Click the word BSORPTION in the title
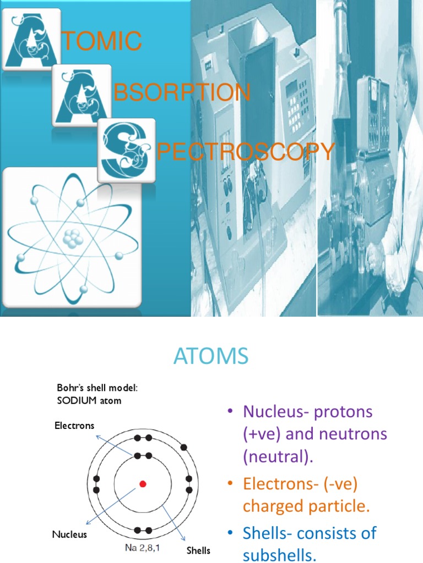click(x=182, y=93)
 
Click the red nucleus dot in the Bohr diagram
click(x=143, y=484)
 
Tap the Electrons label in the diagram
click(x=74, y=426)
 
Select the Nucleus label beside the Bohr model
click(x=69, y=534)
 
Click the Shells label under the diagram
click(x=198, y=550)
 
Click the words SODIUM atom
click(x=89, y=401)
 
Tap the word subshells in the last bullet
click(x=279, y=555)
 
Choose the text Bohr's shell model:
click(x=97, y=388)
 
